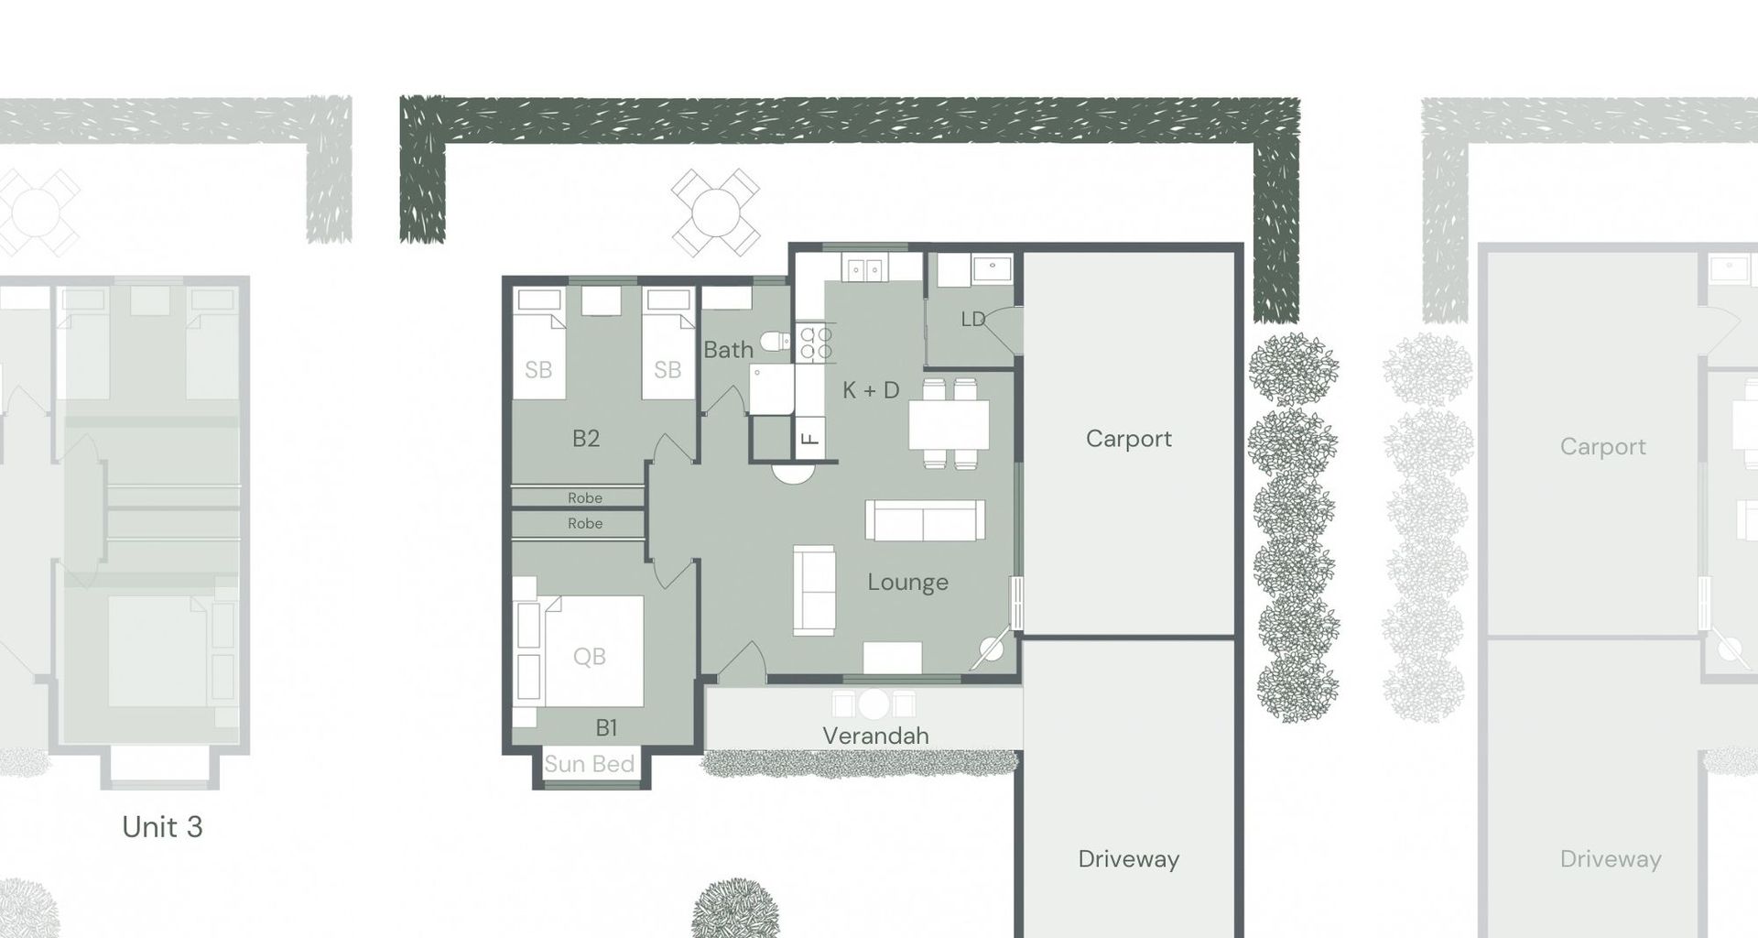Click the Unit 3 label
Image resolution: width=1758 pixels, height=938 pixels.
coord(162,826)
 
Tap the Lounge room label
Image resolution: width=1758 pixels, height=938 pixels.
coord(907,583)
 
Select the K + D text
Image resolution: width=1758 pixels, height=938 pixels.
coord(871,390)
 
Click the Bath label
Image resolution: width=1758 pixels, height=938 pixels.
coord(728,350)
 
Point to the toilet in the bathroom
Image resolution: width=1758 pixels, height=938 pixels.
coord(775,342)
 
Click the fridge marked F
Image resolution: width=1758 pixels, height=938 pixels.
coord(809,438)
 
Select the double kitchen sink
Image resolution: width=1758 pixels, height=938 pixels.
coord(863,268)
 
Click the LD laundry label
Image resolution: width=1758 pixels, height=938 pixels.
coord(972,319)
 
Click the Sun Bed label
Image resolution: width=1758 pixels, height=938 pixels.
coord(589,764)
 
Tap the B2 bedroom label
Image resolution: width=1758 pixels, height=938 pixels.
coord(585,438)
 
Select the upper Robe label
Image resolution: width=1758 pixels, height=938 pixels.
coord(584,498)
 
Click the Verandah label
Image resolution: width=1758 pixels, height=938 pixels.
coord(874,736)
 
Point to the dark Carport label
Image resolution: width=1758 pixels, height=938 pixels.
coord(1128,439)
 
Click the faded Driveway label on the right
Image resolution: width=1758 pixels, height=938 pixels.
coord(1610,859)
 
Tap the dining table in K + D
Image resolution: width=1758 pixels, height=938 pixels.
coord(949,424)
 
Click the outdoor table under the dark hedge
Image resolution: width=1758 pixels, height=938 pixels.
coord(715,213)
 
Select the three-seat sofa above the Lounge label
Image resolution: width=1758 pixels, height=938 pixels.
coord(925,520)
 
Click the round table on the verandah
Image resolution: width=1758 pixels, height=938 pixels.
coord(874,703)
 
